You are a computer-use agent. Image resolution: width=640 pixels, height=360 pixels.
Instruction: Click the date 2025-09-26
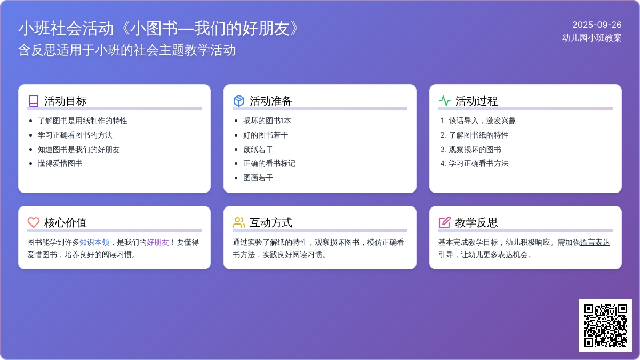pos(597,25)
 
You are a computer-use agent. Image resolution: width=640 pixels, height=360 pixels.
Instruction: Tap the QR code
pos(605,325)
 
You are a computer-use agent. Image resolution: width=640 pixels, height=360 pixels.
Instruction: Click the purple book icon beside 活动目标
pos(34,101)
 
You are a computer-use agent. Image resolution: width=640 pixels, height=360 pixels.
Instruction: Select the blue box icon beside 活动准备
pos(239,101)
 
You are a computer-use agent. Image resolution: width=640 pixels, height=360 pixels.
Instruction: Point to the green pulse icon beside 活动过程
pos(445,101)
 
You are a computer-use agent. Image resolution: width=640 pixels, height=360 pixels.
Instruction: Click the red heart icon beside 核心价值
pos(34,222)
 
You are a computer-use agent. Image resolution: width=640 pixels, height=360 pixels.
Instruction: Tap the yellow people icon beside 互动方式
pos(239,222)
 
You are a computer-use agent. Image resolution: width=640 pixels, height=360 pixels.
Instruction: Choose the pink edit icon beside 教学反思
pos(445,222)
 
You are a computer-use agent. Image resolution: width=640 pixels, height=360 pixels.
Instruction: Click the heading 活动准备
pos(270,101)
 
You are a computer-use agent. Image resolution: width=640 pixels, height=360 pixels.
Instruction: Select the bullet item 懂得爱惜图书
pos(60,163)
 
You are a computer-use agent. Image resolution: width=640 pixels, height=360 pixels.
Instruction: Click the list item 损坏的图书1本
pos(267,121)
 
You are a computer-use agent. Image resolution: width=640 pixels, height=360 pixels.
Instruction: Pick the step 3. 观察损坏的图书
pos(470,149)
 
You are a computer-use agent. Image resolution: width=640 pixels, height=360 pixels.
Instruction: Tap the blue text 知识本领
pos(94,243)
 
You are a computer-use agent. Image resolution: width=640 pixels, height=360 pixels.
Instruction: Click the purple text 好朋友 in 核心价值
pos(158,243)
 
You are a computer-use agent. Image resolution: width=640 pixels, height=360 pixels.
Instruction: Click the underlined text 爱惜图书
pos(42,254)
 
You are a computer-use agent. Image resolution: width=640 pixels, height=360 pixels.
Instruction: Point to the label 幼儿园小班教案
pos(591,38)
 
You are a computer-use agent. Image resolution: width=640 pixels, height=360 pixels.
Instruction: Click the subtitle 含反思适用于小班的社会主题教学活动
pos(127,50)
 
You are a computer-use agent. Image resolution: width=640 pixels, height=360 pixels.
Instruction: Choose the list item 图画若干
pos(258,178)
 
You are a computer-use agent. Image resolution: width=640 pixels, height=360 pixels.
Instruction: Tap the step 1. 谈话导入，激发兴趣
pos(478,121)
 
